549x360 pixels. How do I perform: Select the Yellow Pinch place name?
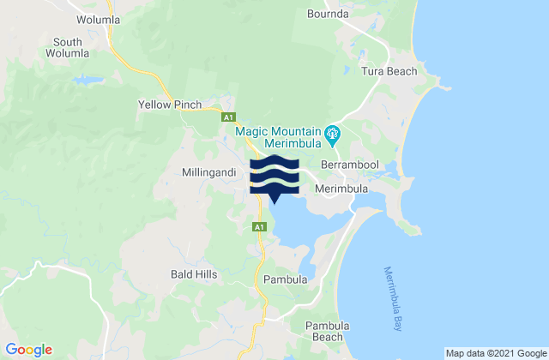[x=170, y=105]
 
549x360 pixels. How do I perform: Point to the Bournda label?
[x=329, y=14]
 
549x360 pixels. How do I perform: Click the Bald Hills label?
[x=194, y=274]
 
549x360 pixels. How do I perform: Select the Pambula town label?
[x=286, y=279]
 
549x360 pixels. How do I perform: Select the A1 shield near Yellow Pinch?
[x=229, y=117]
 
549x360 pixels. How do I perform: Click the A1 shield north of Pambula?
[x=258, y=226]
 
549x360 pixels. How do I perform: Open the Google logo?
[x=29, y=350]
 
